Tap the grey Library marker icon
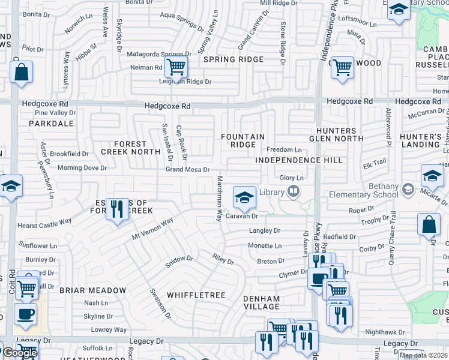click(294, 191)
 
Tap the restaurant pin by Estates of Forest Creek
click(117, 209)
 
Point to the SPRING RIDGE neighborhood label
click(234, 59)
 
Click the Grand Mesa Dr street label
click(187, 170)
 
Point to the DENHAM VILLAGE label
click(262, 302)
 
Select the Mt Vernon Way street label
click(152, 229)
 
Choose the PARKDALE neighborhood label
click(54, 124)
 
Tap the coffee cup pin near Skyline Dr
click(25, 315)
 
